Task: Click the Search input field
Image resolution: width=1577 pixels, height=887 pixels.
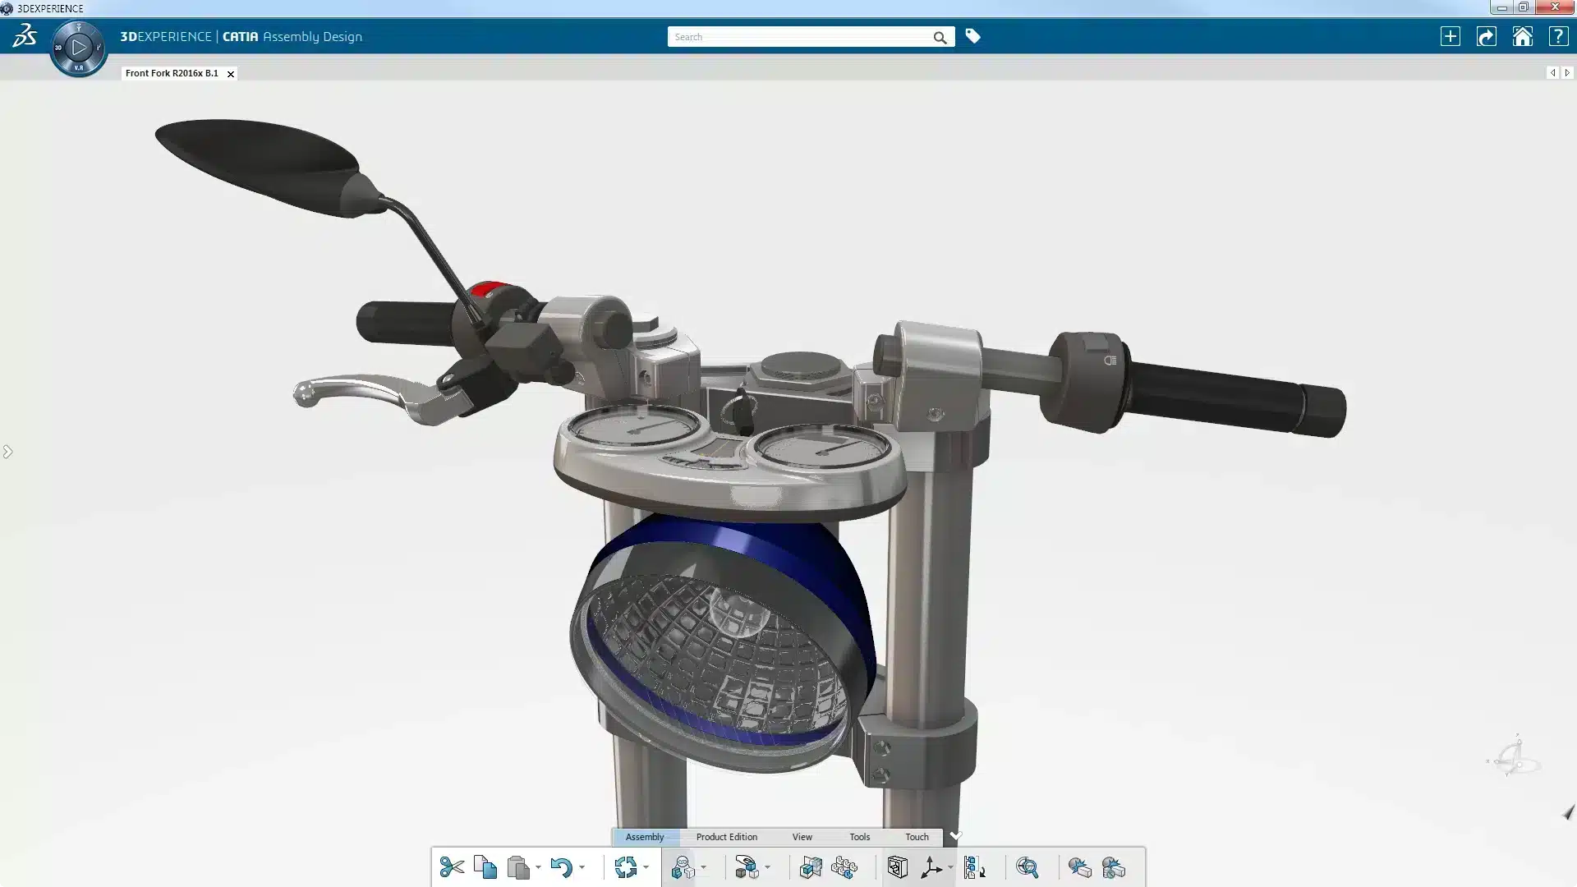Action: [x=797, y=37]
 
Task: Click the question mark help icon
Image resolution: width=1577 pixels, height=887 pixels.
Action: [x=1557, y=37]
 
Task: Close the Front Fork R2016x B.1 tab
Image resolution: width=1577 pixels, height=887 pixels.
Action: [x=231, y=74]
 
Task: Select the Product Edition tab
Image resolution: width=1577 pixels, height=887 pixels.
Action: [x=726, y=837]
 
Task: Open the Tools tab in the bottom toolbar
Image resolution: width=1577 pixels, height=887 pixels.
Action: [x=859, y=837]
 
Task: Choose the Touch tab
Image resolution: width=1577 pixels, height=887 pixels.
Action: [x=917, y=837]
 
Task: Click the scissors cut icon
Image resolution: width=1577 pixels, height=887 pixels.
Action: [x=452, y=867]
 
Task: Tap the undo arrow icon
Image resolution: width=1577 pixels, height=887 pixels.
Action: [x=561, y=867]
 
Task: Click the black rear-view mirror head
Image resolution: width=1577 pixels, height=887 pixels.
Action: [x=255, y=164]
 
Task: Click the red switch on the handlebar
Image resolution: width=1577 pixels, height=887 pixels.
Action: [x=486, y=289]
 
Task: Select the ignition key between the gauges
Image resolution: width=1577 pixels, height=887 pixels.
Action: [x=742, y=411]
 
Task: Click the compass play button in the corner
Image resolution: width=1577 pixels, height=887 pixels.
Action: [x=79, y=48]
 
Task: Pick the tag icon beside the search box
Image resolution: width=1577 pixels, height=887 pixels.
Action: [x=972, y=36]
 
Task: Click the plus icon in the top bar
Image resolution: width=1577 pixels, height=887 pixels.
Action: [x=1450, y=37]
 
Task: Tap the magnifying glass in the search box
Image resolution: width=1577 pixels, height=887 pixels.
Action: [x=940, y=38]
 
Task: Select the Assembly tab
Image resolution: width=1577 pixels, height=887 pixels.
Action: [x=645, y=837]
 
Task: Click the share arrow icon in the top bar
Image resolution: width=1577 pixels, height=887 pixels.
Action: [x=1486, y=37]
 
